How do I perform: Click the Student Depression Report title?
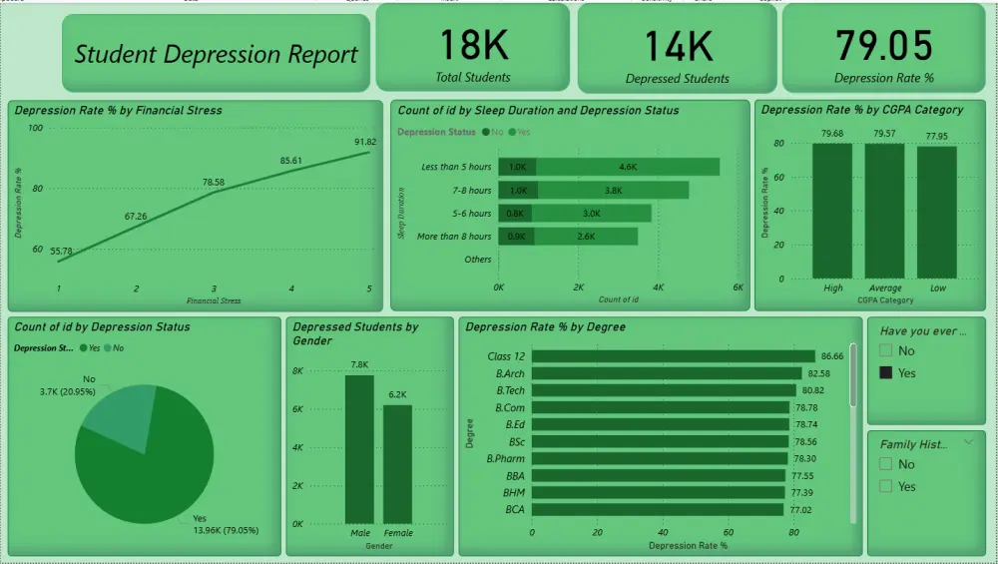coord(216,55)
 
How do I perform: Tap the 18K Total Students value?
coord(473,45)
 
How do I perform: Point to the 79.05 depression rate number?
coord(883,46)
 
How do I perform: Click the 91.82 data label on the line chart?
coord(365,142)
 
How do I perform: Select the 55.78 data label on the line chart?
coord(60,251)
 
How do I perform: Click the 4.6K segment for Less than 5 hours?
coord(628,167)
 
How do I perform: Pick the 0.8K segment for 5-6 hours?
coord(515,214)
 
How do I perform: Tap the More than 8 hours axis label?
coord(454,237)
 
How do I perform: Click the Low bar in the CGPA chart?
coord(936,212)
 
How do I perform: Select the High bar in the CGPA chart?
coord(832,211)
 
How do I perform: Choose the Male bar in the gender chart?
coord(359,449)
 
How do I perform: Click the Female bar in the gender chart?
coord(397,464)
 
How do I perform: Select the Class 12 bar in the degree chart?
coord(673,356)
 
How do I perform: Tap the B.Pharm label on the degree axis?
coord(505,458)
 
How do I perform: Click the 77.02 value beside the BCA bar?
coord(801,509)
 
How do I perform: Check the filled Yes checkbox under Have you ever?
coord(885,372)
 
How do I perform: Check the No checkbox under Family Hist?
coord(885,464)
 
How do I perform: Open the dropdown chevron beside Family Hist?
coord(967,441)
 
